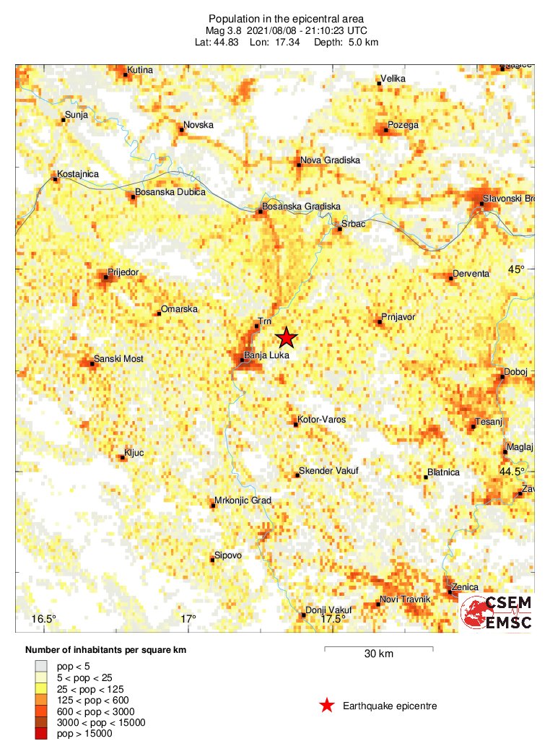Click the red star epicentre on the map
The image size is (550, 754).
pos(287,337)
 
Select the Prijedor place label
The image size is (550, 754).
pos(123,273)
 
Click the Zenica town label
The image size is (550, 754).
pos(466,588)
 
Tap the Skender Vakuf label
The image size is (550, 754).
pos(328,471)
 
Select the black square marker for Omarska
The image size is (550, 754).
pos(159,313)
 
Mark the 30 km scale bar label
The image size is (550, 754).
pos(378,654)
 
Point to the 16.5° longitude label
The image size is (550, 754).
pos(44,619)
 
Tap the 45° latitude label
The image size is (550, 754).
pos(516,269)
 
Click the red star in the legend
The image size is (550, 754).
pos(327,706)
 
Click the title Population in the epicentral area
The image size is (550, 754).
pos(286,19)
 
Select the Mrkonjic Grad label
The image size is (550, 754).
pos(243,500)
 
